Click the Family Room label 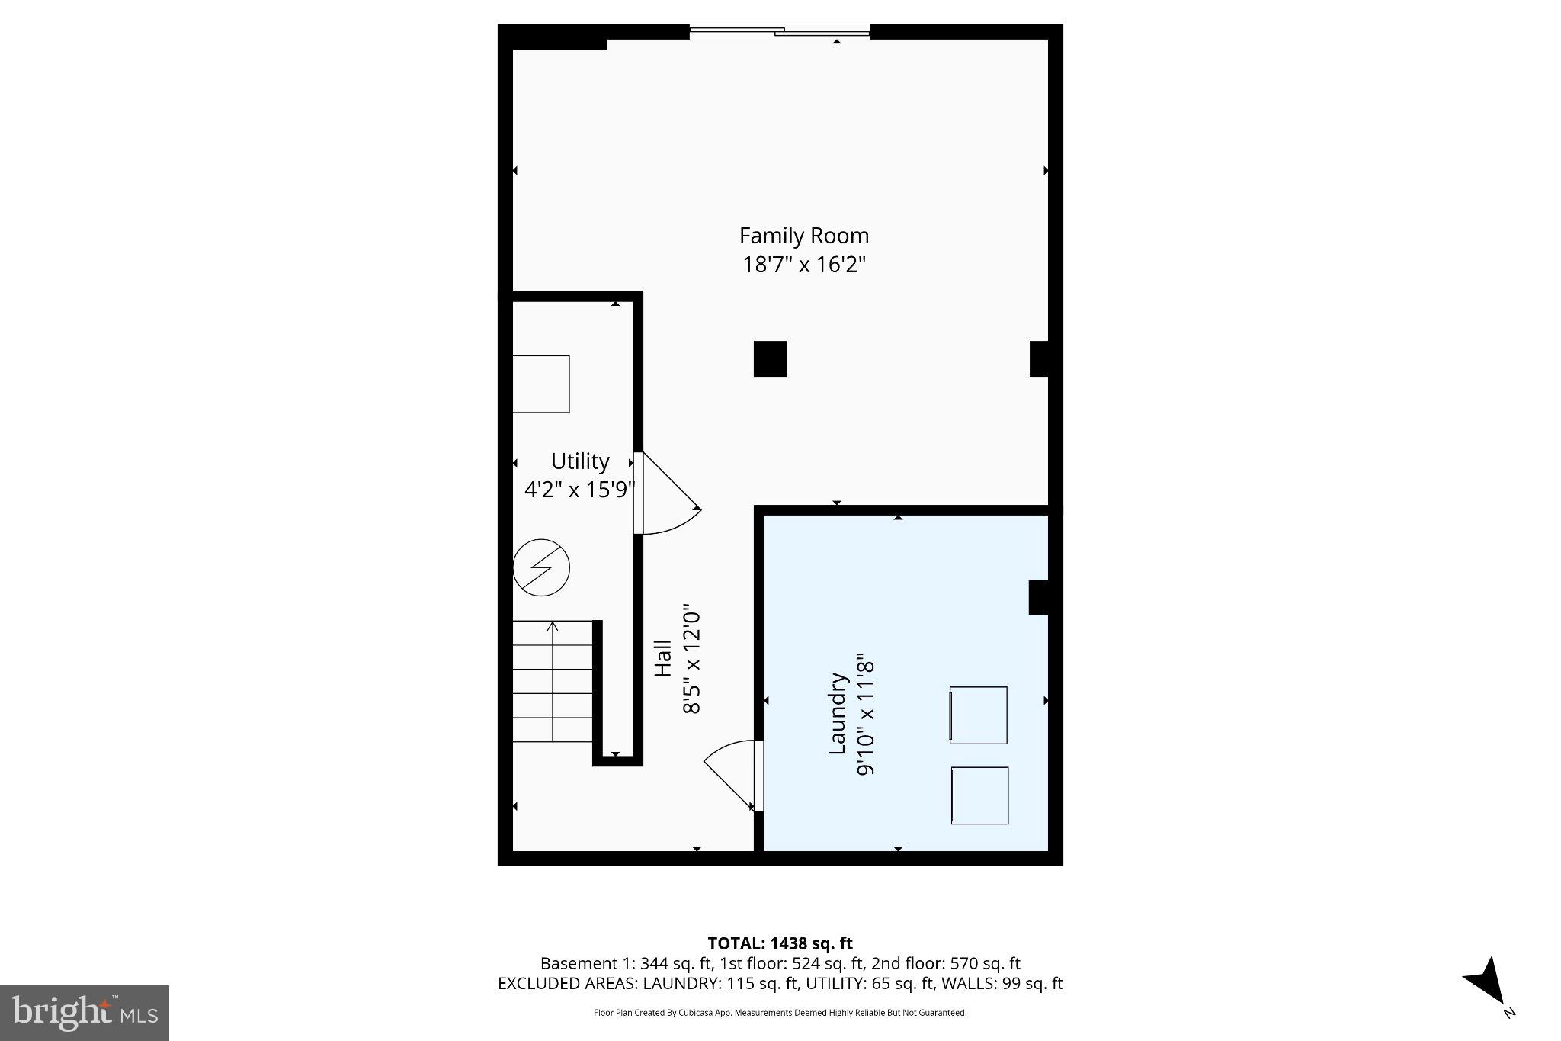pos(803,236)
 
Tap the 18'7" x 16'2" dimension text pos(804,265)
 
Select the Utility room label pos(580,461)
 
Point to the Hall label pos(663,657)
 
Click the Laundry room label pos(838,713)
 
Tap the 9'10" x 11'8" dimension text pos(865,713)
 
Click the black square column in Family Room pos(770,358)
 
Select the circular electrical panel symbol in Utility pos(541,568)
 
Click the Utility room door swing pos(667,496)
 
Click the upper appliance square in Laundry pos(979,715)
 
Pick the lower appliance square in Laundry pos(979,795)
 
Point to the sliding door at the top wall pos(779,31)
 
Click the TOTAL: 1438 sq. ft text pos(780,944)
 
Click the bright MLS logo pos(85,1013)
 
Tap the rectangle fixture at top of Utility pos(540,384)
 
